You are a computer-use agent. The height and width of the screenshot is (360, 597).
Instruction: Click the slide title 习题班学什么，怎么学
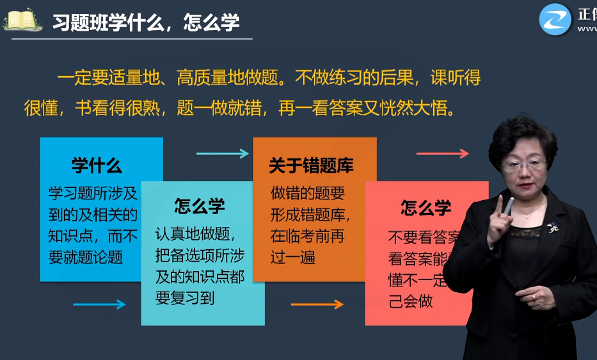point(146,22)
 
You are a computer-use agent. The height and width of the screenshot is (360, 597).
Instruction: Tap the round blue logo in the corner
point(554,19)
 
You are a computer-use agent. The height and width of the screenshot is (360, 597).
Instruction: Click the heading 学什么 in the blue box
point(97,166)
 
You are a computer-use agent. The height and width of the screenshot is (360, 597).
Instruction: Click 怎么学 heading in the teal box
point(200,206)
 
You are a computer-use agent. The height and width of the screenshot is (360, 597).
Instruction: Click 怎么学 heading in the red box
point(426,207)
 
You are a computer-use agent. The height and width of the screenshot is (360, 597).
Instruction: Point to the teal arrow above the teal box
point(222,153)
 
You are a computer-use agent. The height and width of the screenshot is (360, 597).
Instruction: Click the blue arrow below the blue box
point(99,304)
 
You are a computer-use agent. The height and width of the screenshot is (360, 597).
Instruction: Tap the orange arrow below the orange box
point(317,304)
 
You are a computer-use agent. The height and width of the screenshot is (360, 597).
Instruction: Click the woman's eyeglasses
point(524,165)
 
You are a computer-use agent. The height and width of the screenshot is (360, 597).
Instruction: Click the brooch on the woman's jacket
point(552,226)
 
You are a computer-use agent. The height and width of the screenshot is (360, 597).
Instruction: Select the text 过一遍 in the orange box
point(292,258)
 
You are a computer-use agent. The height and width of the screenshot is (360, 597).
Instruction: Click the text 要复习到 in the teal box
point(185,298)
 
